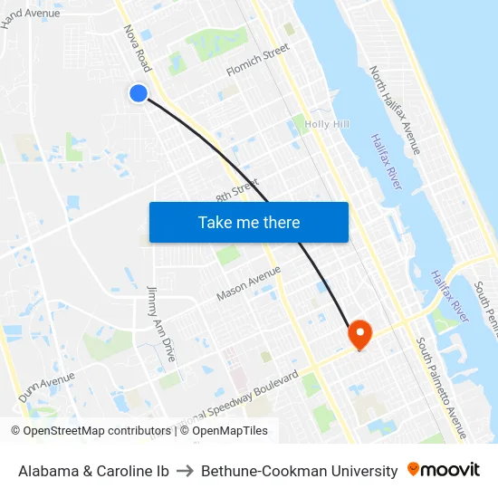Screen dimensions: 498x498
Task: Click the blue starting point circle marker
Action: coord(139,93)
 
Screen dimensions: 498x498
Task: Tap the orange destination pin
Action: coord(359,334)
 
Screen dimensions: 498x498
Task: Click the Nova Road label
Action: coord(138,48)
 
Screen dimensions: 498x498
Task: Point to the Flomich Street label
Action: coord(257,59)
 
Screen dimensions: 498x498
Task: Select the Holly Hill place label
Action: coord(328,124)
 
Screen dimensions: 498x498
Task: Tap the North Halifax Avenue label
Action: coord(395,109)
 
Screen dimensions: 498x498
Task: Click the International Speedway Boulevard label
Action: coord(244,396)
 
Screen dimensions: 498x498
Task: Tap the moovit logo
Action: coord(444,470)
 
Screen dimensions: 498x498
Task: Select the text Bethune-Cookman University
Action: coord(299,471)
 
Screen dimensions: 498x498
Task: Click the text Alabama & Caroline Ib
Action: coord(93,471)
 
